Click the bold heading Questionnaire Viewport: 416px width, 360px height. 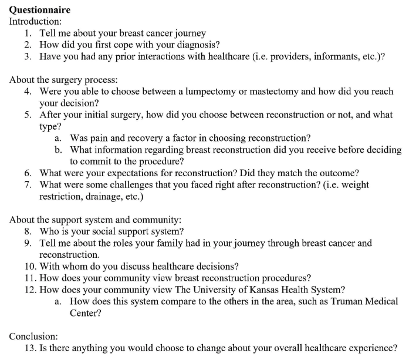tap(39, 9)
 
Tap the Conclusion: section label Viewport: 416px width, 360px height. tap(33, 336)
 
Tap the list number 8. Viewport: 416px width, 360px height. tap(28, 231)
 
